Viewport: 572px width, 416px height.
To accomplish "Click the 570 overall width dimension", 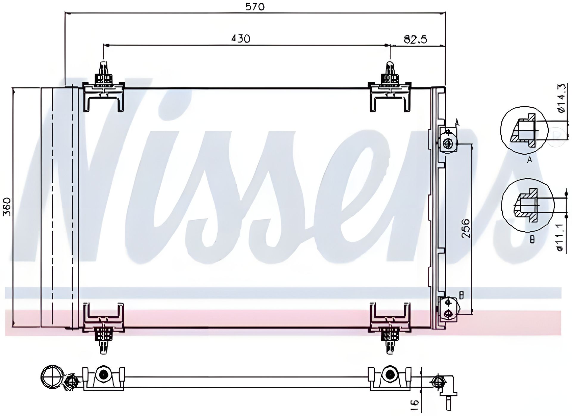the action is (x=255, y=7).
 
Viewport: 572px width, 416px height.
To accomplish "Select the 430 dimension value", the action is (x=241, y=38).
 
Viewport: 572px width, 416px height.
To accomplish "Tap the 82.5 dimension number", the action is (x=415, y=39).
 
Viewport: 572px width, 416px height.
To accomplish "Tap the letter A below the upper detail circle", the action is (x=529, y=160).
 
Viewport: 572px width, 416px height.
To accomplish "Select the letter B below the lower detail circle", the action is (x=532, y=239).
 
